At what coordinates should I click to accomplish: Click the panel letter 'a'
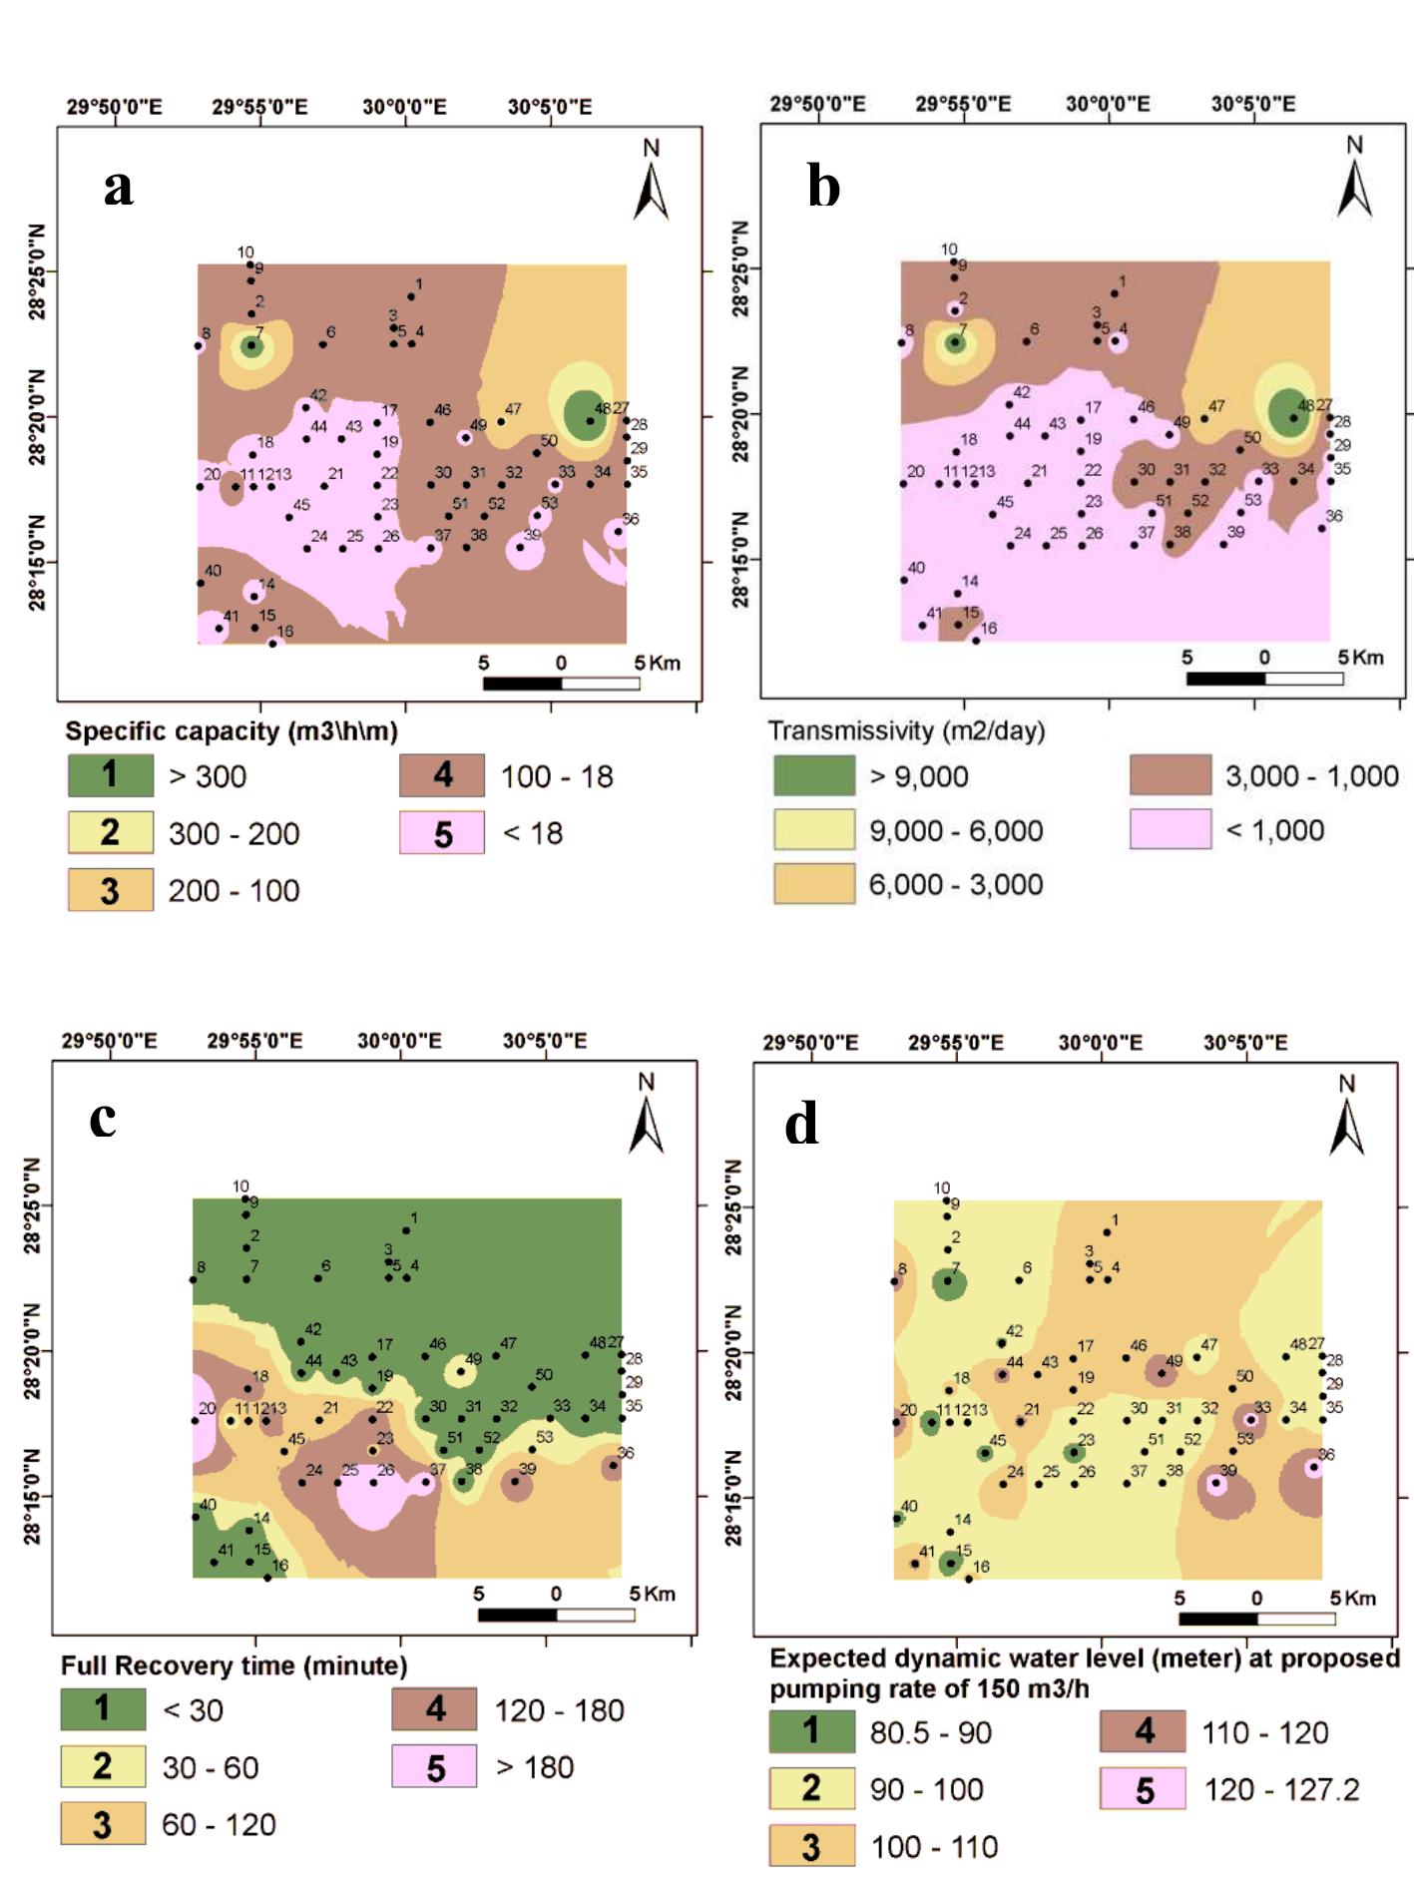click(x=118, y=188)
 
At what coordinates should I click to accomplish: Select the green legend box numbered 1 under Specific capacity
click(x=111, y=775)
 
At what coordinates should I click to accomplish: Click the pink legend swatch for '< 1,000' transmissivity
click(x=1171, y=829)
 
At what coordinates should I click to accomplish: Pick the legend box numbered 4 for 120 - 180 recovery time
click(x=435, y=1709)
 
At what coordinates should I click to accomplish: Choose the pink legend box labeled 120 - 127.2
click(x=1144, y=1788)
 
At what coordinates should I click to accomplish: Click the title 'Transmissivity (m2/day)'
click(x=906, y=730)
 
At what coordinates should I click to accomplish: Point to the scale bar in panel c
click(x=556, y=1615)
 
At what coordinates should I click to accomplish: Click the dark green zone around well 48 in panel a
click(x=585, y=414)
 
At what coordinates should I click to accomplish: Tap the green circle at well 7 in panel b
click(x=955, y=342)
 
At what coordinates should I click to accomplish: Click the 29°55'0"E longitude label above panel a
click(x=259, y=107)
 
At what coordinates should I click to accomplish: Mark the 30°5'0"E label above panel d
click(x=1245, y=1043)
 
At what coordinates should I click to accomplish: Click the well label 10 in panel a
click(x=245, y=252)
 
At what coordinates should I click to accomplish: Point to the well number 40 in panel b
click(x=916, y=568)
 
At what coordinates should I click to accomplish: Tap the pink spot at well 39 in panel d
click(x=1215, y=1484)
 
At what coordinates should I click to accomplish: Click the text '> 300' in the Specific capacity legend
click(x=208, y=776)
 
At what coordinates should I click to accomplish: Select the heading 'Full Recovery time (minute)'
click(x=235, y=1665)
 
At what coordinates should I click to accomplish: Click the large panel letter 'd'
click(x=801, y=1125)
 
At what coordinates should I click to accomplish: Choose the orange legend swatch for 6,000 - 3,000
click(x=814, y=884)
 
